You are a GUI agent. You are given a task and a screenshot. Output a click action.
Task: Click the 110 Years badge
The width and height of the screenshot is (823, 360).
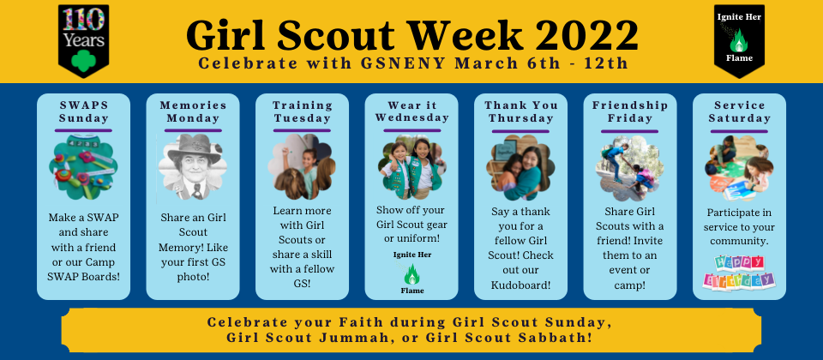pyautogui.click(x=83, y=40)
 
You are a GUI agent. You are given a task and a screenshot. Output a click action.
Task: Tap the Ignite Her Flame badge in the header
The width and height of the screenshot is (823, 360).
pyautogui.click(x=739, y=40)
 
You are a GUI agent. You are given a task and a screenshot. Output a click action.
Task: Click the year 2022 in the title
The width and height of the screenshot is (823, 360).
pyautogui.click(x=586, y=35)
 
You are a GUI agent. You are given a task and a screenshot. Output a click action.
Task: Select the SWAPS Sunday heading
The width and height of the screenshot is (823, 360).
pyautogui.click(x=83, y=111)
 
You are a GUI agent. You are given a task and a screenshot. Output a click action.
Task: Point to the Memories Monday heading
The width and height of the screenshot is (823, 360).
pyautogui.click(x=193, y=111)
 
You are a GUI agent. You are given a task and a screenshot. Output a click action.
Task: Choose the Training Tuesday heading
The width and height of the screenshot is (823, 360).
pyautogui.click(x=303, y=111)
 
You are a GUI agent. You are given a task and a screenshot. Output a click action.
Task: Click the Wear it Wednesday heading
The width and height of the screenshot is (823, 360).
pyautogui.click(x=412, y=111)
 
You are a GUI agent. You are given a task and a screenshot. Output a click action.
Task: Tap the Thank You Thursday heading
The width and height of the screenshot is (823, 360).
pyautogui.click(x=521, y=111)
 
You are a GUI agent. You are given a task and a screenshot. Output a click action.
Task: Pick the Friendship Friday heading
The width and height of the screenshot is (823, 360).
pyautogui.click(x=630, y=111)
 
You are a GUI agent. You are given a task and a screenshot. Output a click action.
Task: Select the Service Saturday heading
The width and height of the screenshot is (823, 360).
pyautogui.click(x=740, y=111)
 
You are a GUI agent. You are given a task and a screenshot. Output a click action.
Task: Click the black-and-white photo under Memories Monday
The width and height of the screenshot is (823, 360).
pyautogui.click(x=193, y=167)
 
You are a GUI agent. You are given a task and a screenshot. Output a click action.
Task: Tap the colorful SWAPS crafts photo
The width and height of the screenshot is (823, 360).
pyautogui.click(x=83, y=167)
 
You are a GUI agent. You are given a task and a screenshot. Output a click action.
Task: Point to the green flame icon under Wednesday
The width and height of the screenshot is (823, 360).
pyautogui.click(x=412, y=274)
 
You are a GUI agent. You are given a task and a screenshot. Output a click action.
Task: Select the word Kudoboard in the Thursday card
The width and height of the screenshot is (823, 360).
pyautogui.click(x=520, y=285)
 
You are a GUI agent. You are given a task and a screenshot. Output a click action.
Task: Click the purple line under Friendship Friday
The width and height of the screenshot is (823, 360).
pyautogui.click(x=630, y=130)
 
